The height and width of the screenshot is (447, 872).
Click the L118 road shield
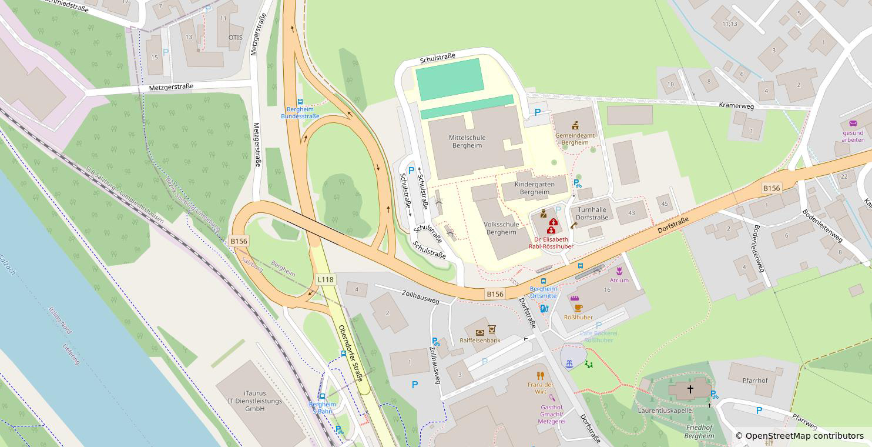point(326,279)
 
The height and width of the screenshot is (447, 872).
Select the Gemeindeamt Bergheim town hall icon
point(575,125)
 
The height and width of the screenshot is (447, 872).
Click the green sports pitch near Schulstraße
point(450,79)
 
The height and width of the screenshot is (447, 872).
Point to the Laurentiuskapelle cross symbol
point(690,389)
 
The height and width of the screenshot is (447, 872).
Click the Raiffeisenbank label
point(480,341)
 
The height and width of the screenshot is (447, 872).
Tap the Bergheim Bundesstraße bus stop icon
point(300,102)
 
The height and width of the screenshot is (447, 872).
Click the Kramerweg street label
point(736,105)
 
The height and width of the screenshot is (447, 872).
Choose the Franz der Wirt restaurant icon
point(541,375)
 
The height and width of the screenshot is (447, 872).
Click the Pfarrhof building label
point(755,381)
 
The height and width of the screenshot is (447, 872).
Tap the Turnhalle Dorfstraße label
point(592,214)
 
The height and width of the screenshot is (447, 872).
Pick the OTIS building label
point(235,37)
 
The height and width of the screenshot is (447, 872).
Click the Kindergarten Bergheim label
point(534,188)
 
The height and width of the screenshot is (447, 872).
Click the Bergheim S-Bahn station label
point(322,408)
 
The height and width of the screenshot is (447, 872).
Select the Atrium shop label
point(619,281)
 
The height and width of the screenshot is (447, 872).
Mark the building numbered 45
point(665,204)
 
